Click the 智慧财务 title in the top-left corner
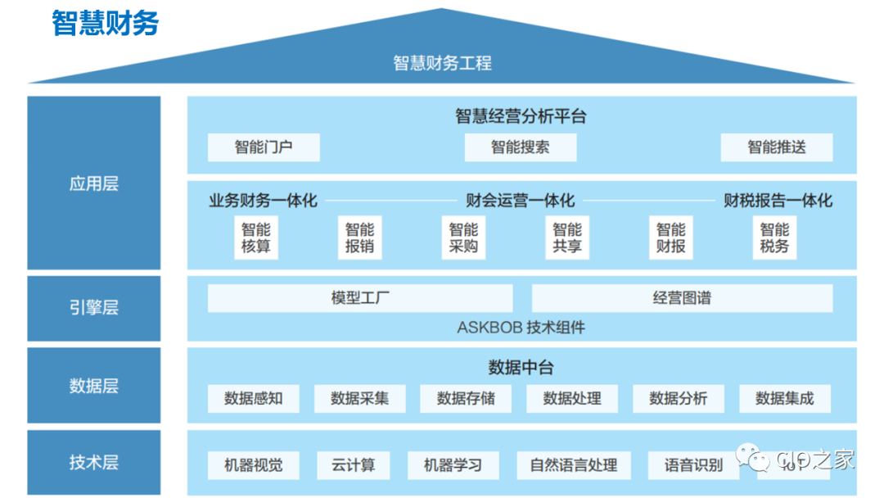pyautogui.click(x=105, y=24)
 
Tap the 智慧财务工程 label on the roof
pyautogui.click(x=442, y=63)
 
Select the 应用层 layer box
pyautogui.click(x=93, y=183)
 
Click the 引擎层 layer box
pyautogui.click(x=93, y=308)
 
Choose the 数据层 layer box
pyautogui.click(x=93, y=386)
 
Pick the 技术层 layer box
pyautogui.click(x=93, y=462)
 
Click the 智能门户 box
pyautogui.click(x=264, y=147)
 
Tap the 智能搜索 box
pyautogui.click(x=521, y=147)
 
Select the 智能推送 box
pyautogui.click(x=777, y=147)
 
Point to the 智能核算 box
pyautogui.click(x=256, y=238)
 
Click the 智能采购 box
pyautogui.click(x=463, y=238)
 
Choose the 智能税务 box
pyautogui.click(x=774, y=238)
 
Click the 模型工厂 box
pyautogui.click(x=360, y=298)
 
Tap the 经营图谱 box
pyautogui.click(x=682, y=298)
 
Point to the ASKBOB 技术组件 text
pyautogui.click(x=521, y=328)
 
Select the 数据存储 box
pyautogui.click(x=466, y=399)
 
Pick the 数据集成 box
pyautogui.click(x=785, y=399)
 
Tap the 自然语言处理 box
pyautogui.click(x=574, y=465)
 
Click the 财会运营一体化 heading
pyautogui.click(x=521, y=201)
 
